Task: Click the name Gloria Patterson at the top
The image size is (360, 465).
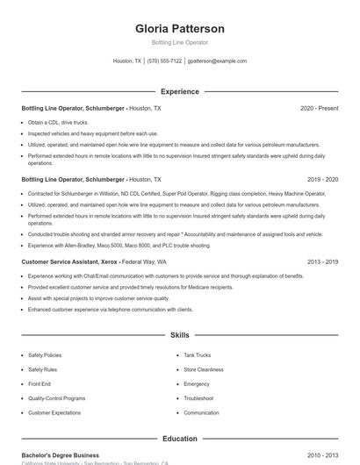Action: click(179, 28)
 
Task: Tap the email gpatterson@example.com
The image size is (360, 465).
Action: click(217, 61)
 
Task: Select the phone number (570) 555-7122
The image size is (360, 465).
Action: click(164, 61)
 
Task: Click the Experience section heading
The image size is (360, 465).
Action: click(179, 91)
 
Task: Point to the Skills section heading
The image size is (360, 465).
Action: click(179, 335)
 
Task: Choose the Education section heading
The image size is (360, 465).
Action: click(179, 439)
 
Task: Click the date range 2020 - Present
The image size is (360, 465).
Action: click(319, 108)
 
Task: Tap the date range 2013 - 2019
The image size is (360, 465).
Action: click(322, 261)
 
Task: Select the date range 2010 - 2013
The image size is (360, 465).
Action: click(322, 455)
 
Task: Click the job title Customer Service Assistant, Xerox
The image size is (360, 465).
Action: click(68, 261)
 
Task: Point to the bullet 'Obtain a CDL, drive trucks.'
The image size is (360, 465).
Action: click(58, 122)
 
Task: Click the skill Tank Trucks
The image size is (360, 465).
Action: click(198, 355)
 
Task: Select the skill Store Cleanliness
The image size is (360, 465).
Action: click(204, 369)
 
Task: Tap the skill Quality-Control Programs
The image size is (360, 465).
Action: click(57, 398)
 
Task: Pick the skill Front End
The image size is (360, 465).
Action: click(40, 383)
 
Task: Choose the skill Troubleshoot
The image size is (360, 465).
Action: click(199, 398)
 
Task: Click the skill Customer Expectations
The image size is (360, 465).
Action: click(54, 412)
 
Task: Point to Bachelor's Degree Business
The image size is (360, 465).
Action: click(60, 455)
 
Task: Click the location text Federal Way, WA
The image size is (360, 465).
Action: click(144, 261)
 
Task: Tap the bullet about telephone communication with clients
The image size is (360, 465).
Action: click(110, 310)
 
